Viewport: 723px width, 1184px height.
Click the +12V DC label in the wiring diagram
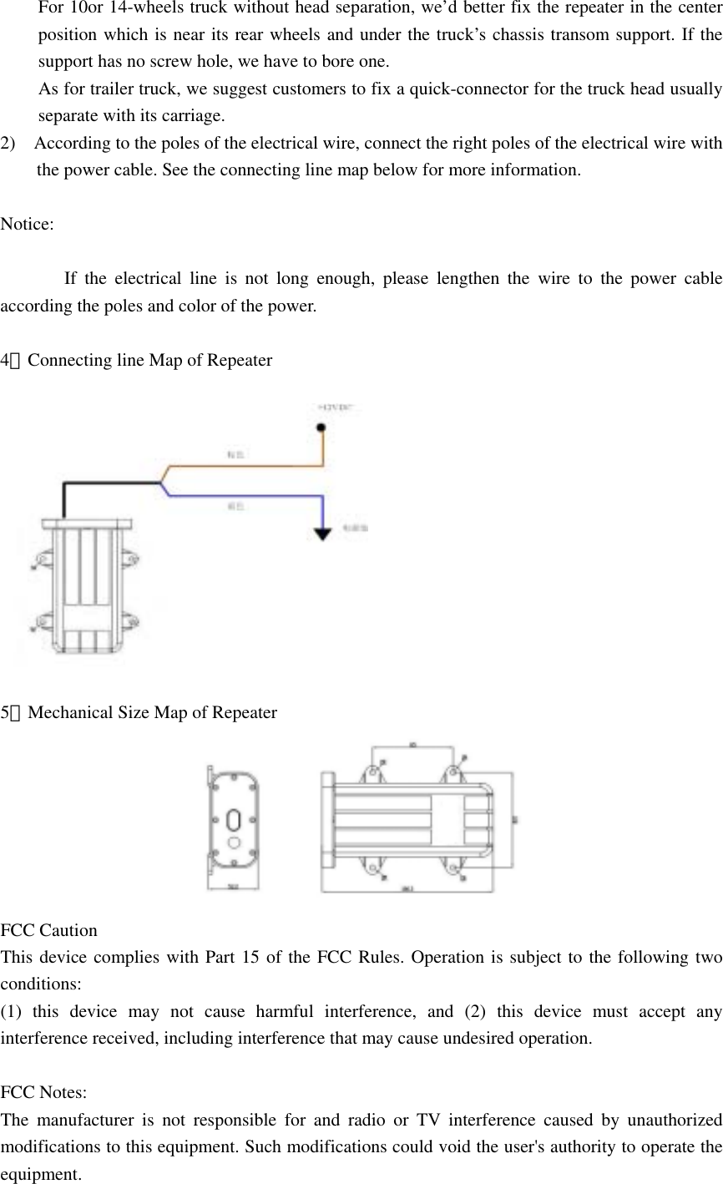coord(336,407)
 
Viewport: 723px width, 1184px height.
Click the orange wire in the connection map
coord(250,465)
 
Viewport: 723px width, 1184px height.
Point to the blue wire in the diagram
coord(250,496)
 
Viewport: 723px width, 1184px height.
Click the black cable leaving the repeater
coord(109,483)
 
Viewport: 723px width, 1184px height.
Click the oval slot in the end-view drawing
coord(234,819)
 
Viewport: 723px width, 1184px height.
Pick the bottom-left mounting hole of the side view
coord(369,872)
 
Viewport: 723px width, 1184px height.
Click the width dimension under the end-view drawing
coord(232,888)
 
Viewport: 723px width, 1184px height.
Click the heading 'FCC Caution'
coord(49,930)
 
